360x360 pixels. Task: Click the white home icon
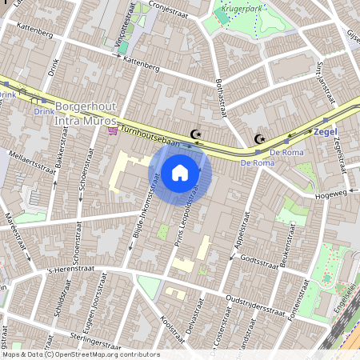click(x=180, y=173)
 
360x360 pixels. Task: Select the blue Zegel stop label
click(x=325, y=130)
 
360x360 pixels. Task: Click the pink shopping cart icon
click(x=113, y=130)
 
